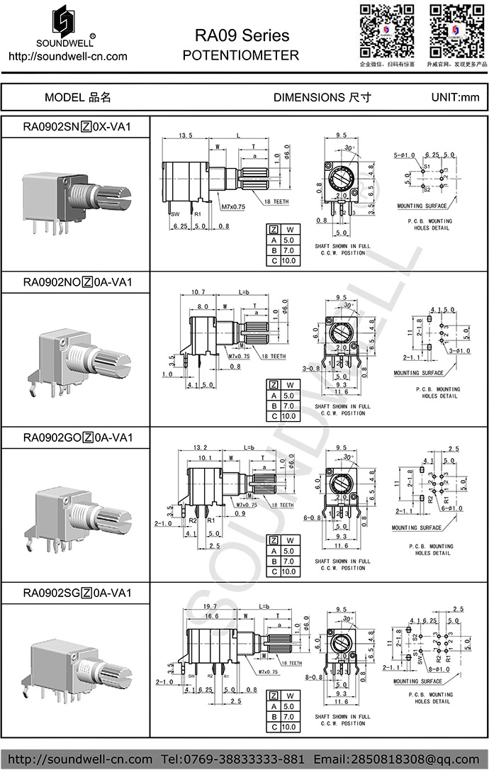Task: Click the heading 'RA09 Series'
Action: [x=242, y=35]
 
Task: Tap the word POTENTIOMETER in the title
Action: [x=241, y=55]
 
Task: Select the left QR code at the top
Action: [x=386, y=30]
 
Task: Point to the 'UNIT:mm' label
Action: [x=455, y=98]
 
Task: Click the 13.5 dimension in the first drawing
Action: [x=186, y=135]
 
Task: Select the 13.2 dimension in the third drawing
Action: [x=201, y=448]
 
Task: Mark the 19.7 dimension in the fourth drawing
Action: [x=210, y=607]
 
